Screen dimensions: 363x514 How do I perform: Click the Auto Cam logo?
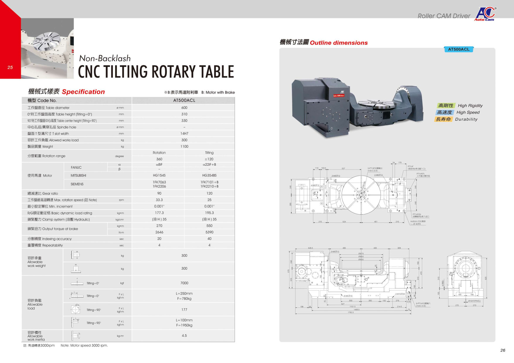point(485,14)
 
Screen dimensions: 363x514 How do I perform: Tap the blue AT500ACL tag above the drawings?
point(459,49)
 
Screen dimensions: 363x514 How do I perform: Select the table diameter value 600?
point(184,108)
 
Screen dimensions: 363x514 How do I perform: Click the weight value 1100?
point(184,146)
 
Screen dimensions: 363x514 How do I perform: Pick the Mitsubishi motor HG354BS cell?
point(209,175)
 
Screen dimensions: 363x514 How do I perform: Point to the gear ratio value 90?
point(159,194)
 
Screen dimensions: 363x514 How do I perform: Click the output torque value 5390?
point(209,232)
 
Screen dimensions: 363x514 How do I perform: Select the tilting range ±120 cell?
point(209,159)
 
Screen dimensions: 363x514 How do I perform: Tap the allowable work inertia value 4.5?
point(184,336)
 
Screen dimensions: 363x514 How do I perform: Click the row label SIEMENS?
point(77,184)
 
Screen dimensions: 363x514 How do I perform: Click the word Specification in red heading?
point(83,92)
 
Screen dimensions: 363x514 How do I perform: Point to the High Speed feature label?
point(468,112)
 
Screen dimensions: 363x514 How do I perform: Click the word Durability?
point(466,119)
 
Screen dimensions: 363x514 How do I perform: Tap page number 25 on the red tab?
point(10,67)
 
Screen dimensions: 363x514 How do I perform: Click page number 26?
point(503,350)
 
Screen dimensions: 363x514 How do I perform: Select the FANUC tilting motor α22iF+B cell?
point(209,165)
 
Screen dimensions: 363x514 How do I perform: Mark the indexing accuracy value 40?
point(209,239)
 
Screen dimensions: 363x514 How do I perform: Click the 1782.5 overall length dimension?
point(350,312)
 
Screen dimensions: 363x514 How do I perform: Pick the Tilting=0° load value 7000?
point(184,283)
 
